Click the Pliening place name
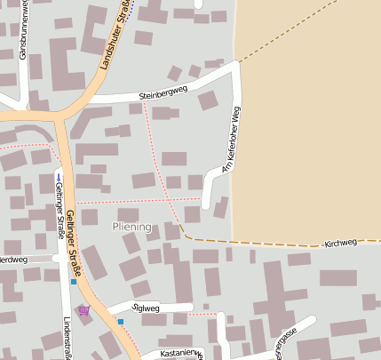pyautogui.click(x=132, y=228)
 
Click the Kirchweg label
pyautogui.click(x=340, y=242)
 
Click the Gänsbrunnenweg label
pyautogui.click(x=22, y=36)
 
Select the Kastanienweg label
pyautogui.click(x=180, y=354)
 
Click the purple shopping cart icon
pyautogui.click(x=83, y=310)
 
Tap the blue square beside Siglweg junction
pyautogui.click(x=121, y=322)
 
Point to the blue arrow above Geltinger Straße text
pyautogui.click(x=59, y=177)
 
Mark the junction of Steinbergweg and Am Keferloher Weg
pyautogui.click(x=238, y=66)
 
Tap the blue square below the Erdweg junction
pyautogui.click(x=74, y=281)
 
